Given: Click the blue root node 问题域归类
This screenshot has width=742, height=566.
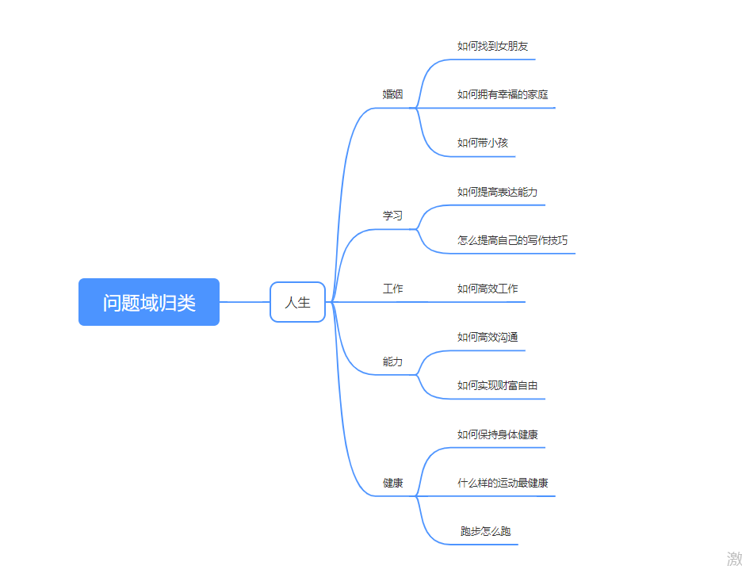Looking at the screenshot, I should (148, 302).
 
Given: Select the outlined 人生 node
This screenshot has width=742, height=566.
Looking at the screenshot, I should (297, 302).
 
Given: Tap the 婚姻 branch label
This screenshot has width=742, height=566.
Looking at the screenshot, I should (392, 94).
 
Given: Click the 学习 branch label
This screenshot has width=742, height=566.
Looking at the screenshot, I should (392, 216).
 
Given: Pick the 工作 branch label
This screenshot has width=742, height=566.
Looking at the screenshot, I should (392, 289).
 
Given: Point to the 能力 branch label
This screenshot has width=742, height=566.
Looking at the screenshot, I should (392, 361).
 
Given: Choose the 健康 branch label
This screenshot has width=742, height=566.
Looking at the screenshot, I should (392, 483).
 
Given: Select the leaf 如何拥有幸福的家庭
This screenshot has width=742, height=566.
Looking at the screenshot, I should (503, 94).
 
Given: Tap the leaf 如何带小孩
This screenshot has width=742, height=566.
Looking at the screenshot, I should (482, 143).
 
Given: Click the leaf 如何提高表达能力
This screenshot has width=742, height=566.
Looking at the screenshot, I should (498, 192).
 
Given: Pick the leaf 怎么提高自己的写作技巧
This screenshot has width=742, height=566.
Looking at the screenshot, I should (512, 240).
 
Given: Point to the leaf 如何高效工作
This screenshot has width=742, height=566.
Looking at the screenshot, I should (488, 289).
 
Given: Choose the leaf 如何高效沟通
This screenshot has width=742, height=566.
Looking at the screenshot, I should (488, 338).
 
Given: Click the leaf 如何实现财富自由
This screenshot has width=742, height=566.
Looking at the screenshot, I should (498, 386).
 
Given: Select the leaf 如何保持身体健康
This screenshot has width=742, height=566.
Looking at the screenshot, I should (498, 434).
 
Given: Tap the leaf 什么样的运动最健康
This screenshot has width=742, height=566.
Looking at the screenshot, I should (503, 483).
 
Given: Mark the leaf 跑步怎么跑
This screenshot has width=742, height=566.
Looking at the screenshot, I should (485, 531).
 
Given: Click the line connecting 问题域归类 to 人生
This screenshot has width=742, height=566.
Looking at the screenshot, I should (244, 302).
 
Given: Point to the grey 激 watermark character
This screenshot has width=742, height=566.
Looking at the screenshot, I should (734, 558).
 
